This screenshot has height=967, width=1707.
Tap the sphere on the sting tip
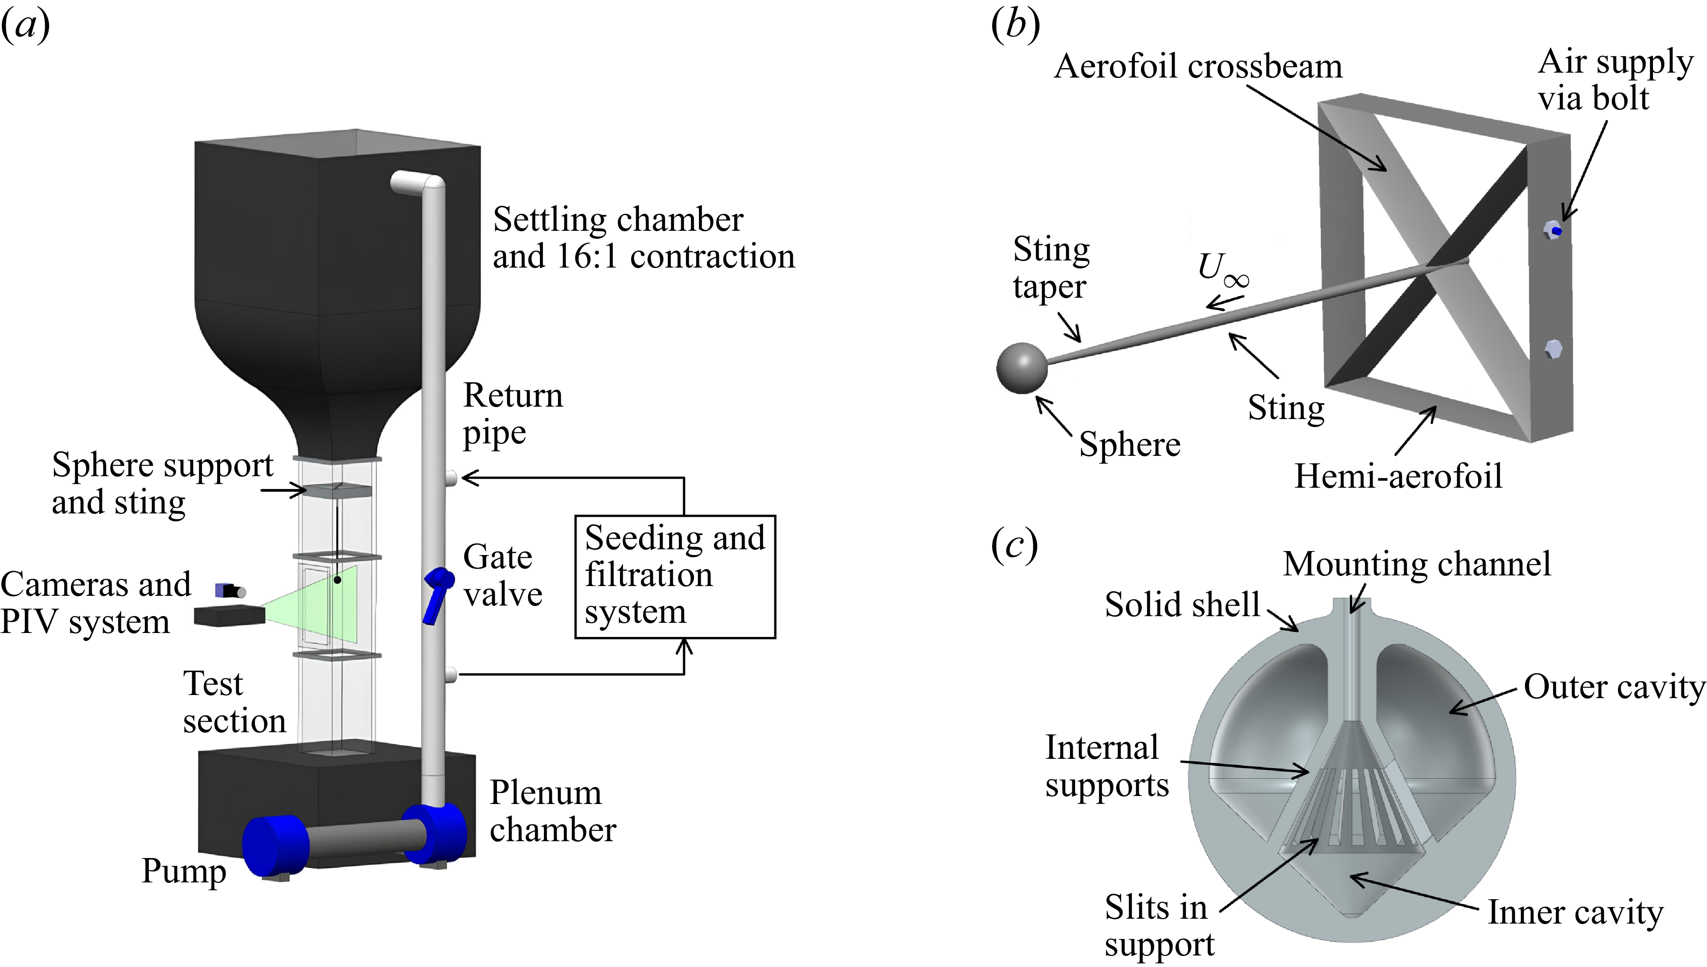click(1022, 369)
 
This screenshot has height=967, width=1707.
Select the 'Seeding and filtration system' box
click(675, 576)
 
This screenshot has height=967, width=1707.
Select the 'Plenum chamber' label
click(552, 811)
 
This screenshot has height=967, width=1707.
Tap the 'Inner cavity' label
click(1575, 912)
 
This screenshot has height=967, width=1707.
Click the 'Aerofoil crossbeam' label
click(1198, 66)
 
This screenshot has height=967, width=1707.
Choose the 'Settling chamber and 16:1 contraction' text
click(643, 238)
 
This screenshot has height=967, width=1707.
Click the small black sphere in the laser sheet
click(338, 580)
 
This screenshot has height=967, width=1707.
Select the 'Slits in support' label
click(1159, 925)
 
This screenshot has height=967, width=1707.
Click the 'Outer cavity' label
click(1614, 687)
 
